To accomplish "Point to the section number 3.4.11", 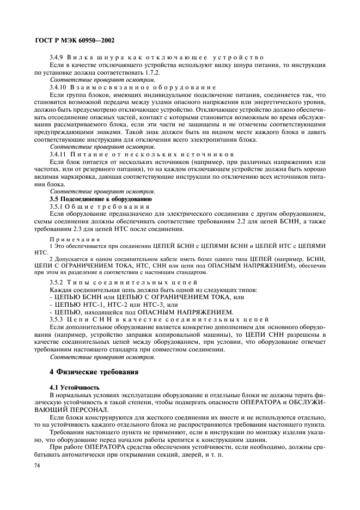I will pos(60,154).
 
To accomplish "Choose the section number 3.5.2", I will pos(58,282).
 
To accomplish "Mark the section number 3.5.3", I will pos(58,318).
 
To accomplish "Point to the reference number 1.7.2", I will pos(159,72).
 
